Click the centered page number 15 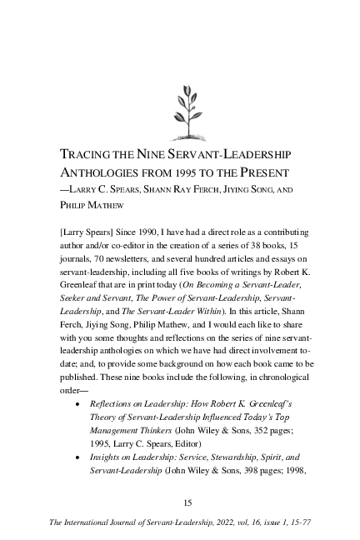click(x=187, y=502)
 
